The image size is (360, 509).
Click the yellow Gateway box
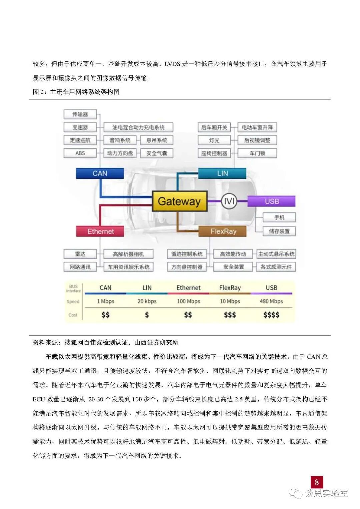pos(180,201)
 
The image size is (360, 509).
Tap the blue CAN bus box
pos(100,173)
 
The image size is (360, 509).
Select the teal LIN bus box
pos(222,173)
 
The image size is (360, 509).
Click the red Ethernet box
pos(100,231)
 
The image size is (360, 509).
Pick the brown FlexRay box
pos(223,231)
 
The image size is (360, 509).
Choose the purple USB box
pos(272,201)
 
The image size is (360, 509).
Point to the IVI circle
pos(229,201)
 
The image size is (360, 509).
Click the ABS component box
pos(80,153)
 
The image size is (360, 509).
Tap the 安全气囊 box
pos(157,153)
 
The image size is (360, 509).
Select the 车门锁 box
pos(257,153)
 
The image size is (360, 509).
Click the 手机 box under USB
pos(279,217)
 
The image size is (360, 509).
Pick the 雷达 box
pos(80,254)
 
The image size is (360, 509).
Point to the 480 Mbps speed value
pos(271,301)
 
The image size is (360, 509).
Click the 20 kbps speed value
pos(147,301)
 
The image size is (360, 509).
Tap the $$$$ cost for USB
pos(271,315)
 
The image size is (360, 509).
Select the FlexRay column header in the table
pos(230,288)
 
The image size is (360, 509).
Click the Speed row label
pos(73,302)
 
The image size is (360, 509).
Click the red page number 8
pos(317,482)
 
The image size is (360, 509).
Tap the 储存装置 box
pos(279,231)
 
